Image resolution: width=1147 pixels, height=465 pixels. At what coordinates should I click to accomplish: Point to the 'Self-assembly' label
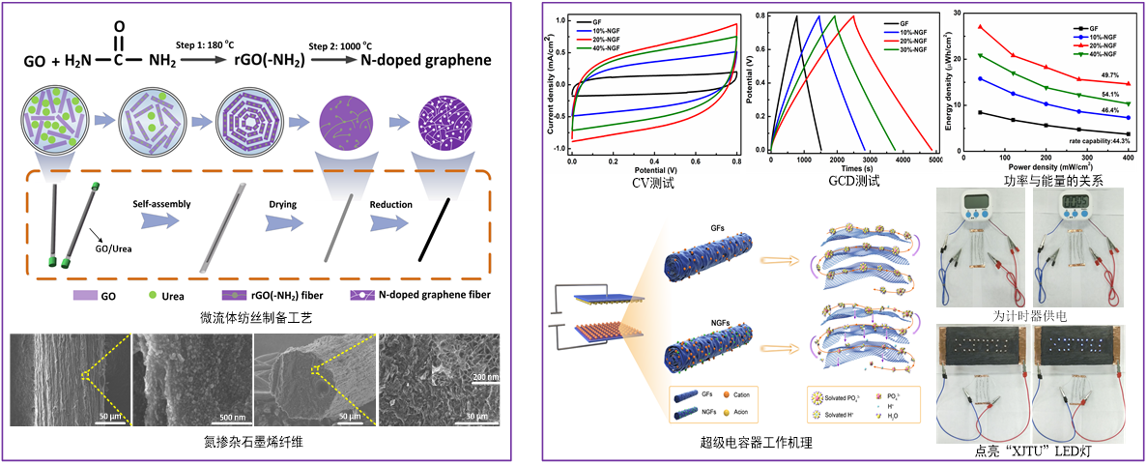point(162,204)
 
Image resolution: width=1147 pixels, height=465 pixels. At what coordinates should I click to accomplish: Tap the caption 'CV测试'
point(654,180)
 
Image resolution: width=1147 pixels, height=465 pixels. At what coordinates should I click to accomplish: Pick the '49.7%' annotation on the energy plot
point(1109,73)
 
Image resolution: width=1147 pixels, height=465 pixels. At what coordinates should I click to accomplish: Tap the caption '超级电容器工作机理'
point(757,444)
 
